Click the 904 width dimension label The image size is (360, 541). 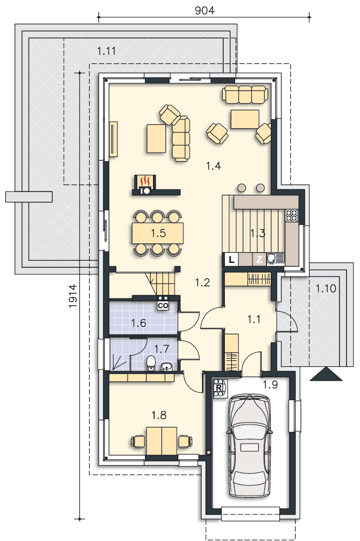pos(204,10)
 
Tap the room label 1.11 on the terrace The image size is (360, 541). pos(106,51)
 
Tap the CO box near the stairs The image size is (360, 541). pos(163,305)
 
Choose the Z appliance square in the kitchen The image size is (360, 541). pos(258,260)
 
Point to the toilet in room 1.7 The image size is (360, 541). pos(151,364)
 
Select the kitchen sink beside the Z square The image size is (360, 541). pos(275,259)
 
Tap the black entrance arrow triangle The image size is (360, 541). pos(326,374)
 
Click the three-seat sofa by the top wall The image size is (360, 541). pos(245,94)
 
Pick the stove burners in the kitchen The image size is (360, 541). pos(291,216)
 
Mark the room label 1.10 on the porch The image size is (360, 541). pos(325,288)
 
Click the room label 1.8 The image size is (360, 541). pos(159,415)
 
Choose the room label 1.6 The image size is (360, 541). pos(138,323)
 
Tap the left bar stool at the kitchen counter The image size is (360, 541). pos(242,188)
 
